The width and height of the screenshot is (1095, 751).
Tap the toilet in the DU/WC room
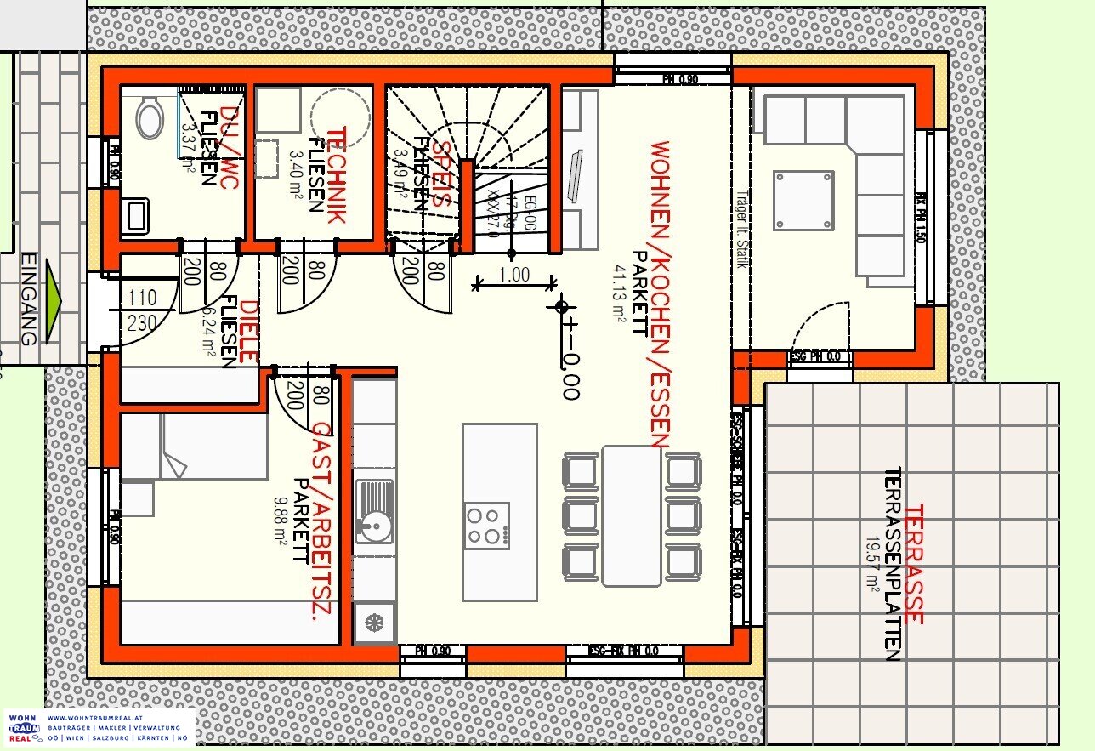(151, 117)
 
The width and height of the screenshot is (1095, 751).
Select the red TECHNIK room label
(337, 175)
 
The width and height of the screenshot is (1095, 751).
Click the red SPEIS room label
(440, 175)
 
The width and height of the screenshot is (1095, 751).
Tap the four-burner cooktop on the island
(486, 526)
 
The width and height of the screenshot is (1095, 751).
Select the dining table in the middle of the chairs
(631, 515)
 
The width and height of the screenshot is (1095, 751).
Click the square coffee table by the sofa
(803, 201)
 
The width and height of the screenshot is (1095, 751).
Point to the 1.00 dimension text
(514, 275)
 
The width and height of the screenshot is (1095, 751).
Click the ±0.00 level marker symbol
(561, 307)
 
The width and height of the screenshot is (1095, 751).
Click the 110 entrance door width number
(143, 299)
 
